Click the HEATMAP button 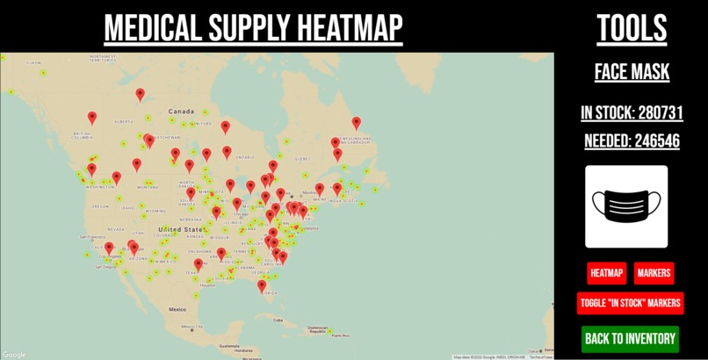[x=606, y=273]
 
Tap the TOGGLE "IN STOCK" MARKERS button [x=630, y=303]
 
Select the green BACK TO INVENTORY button [x=630, y=339]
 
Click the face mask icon [x=626, y=207]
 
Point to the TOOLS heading [x=632, y=29]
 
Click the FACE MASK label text [x=632, y=72]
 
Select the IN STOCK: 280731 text [x=632, y=112]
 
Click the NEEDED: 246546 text [x=632, y=140]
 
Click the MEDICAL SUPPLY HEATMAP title [x=253, y=29]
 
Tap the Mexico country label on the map [x=178, y=309]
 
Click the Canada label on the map [x=181, y=112]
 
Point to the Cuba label [x=280, y=320]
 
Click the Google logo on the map [x=14, y=355]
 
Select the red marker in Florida [x=262, y=285]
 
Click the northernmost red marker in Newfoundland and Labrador [x=356, y=123]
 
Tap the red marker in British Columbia [x=92, y=118]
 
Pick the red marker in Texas [x=199, y=263]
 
